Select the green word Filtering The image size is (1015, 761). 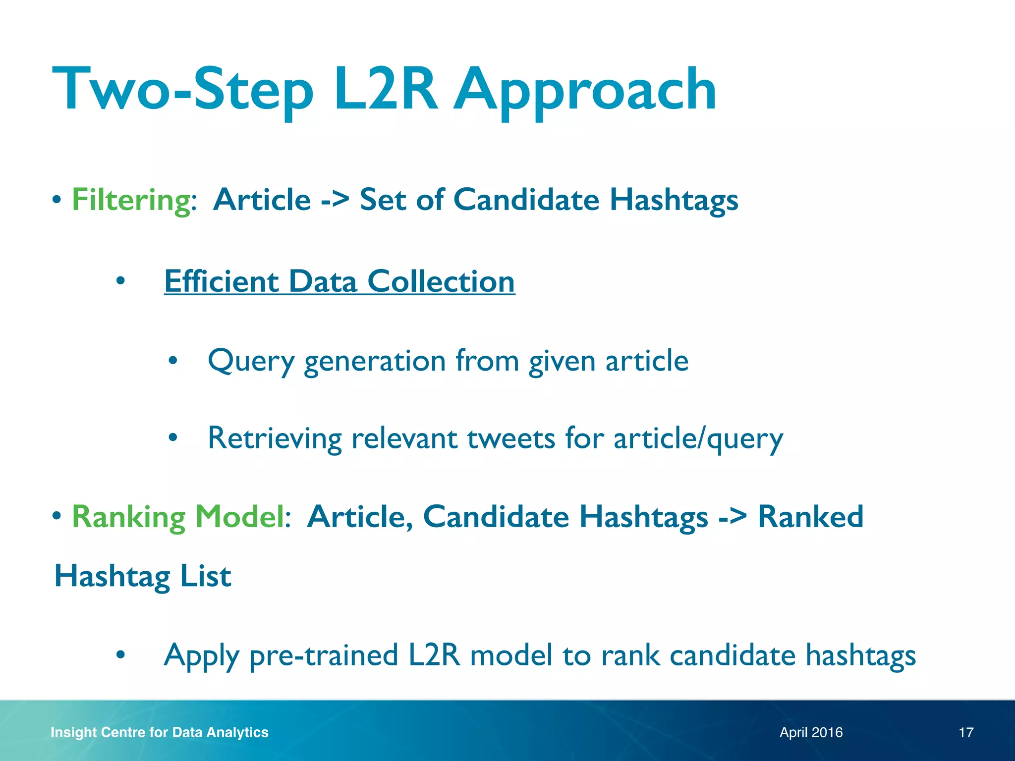click(131, 200)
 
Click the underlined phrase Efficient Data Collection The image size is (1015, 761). click(339, 281)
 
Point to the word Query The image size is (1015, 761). click(251, 361)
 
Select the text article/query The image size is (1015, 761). click(698, 439)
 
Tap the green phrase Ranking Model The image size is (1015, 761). click(178, 517)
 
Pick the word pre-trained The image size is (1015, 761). click(324, 655)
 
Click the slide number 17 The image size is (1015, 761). click(966, 732)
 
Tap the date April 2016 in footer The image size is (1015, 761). click(811, 732)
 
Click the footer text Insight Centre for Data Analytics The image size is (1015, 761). click(159, 732)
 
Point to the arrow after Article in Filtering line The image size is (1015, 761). click(335, 201)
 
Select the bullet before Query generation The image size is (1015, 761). click(172, 361)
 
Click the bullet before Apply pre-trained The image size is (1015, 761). click(120, 655)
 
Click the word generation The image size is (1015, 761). click(375, 362)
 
